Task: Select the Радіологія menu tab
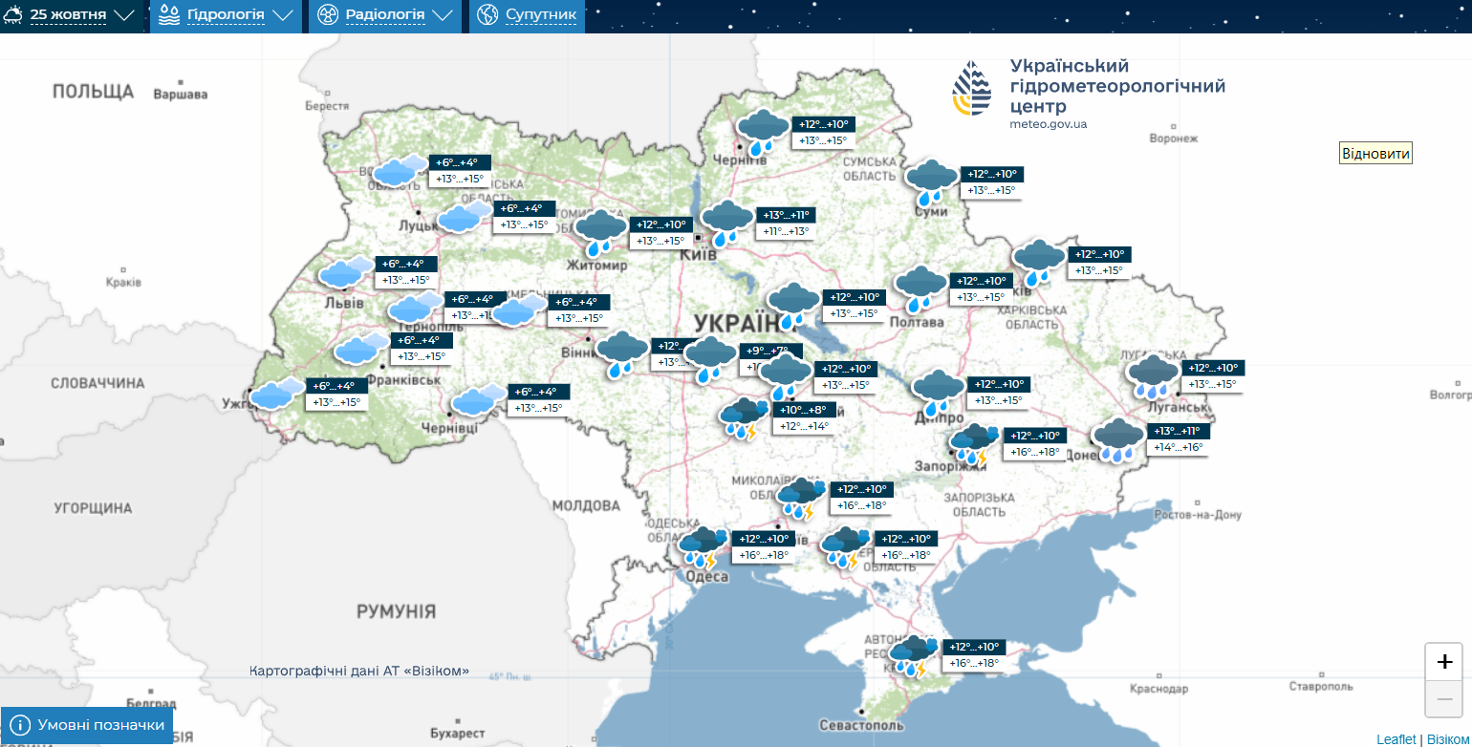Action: point(385,16)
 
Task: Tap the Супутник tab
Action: point(529,16)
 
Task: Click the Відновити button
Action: point(1375,154)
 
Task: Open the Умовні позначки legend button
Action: point(88,726)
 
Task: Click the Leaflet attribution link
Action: point(1396,739)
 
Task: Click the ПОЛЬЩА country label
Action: point(93,92)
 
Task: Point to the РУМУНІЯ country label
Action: point(396,611)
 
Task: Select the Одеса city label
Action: point(707,577)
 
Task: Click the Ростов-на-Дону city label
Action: point(1197,515)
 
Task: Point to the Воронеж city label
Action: point(1174,139)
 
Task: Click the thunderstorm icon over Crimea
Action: point(913,655)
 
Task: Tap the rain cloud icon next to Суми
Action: point(931,181)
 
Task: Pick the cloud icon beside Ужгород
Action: point(277,394)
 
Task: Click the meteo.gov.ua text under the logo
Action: point(1048,124)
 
